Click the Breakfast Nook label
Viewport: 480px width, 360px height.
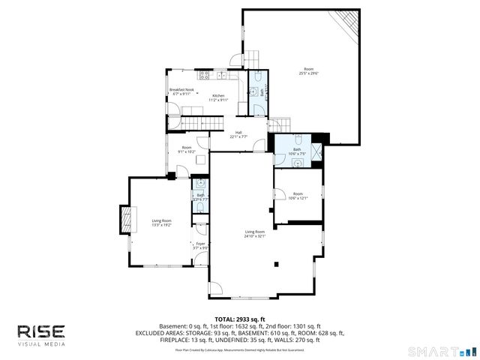[181, 91]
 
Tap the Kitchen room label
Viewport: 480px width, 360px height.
[217, 97]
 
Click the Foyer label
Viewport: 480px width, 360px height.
[199, 246]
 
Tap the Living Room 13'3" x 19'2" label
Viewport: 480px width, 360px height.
[161, 222]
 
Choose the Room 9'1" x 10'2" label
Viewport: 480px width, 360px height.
[186, 149]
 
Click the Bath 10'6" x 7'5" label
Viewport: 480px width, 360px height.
[297, 152]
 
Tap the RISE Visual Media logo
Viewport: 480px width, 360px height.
[41, 334]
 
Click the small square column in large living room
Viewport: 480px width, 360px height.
[277, 264]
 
